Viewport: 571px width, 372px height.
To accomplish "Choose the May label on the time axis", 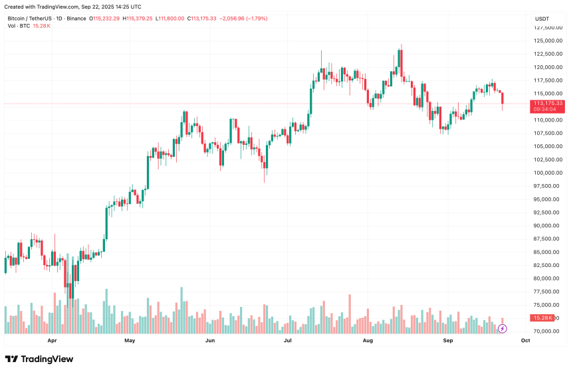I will (130, 340).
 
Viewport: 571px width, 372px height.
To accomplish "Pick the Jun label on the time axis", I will (209, 340).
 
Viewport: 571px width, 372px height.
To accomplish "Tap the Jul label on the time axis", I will (288, 340).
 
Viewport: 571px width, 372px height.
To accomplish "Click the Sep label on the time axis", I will (448, 340).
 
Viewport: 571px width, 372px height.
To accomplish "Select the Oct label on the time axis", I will (525, 340).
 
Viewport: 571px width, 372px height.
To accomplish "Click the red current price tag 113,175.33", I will (548, 104).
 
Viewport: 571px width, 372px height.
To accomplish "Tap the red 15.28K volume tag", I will (544, 318).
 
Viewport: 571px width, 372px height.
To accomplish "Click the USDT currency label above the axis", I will (542, 19).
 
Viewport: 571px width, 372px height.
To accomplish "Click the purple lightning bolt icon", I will (503, 328).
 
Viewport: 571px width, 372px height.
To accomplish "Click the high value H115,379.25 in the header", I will (136, 18).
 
